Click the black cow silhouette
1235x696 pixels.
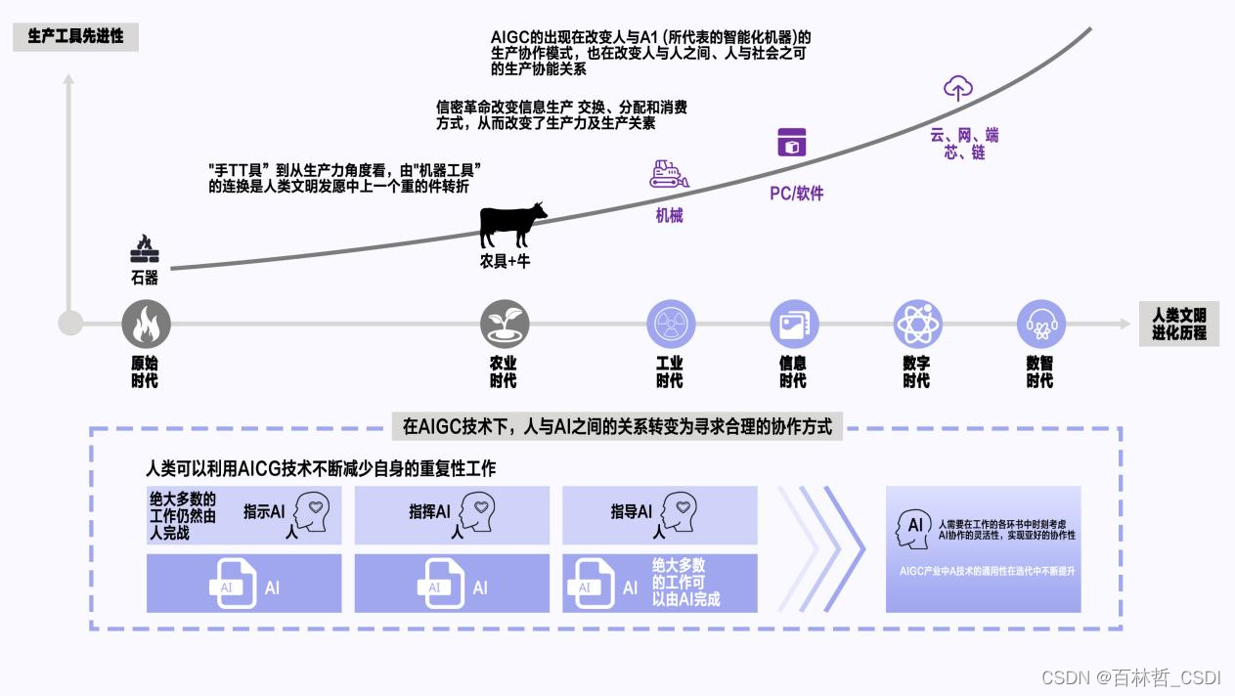(512, 225)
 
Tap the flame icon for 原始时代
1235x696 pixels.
(146, 324)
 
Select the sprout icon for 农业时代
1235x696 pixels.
(505, 324)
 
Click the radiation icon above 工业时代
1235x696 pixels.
(671, 324)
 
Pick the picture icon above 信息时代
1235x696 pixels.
(794, 324)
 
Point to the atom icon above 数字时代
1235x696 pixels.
(917, 324)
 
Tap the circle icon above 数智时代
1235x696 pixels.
(1040, 324)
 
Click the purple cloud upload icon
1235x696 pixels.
(957, 89)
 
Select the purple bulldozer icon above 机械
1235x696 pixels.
(669, 173)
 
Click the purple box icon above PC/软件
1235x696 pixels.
(791, 142)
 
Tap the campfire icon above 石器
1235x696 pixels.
(145, 249)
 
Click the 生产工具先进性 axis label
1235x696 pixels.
(75, 36)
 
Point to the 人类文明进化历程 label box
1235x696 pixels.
(1178, 324)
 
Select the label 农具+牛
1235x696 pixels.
(505, 262)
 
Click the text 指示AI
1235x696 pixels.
(264, 511)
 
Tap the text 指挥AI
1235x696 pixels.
(429, 511)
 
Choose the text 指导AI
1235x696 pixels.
(631, 511)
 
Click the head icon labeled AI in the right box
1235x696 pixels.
(913, 527)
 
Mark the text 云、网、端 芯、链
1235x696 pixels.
(964, 144)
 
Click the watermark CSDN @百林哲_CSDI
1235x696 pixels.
(1131, 677)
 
